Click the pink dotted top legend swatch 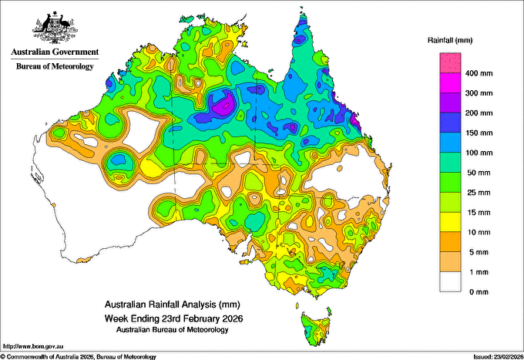(x=450, y=63)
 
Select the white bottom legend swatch (x=450, y=282)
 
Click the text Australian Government (x=55, y=52)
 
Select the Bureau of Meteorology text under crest (x=55, y=66)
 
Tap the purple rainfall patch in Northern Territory (x=224, y=104)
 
